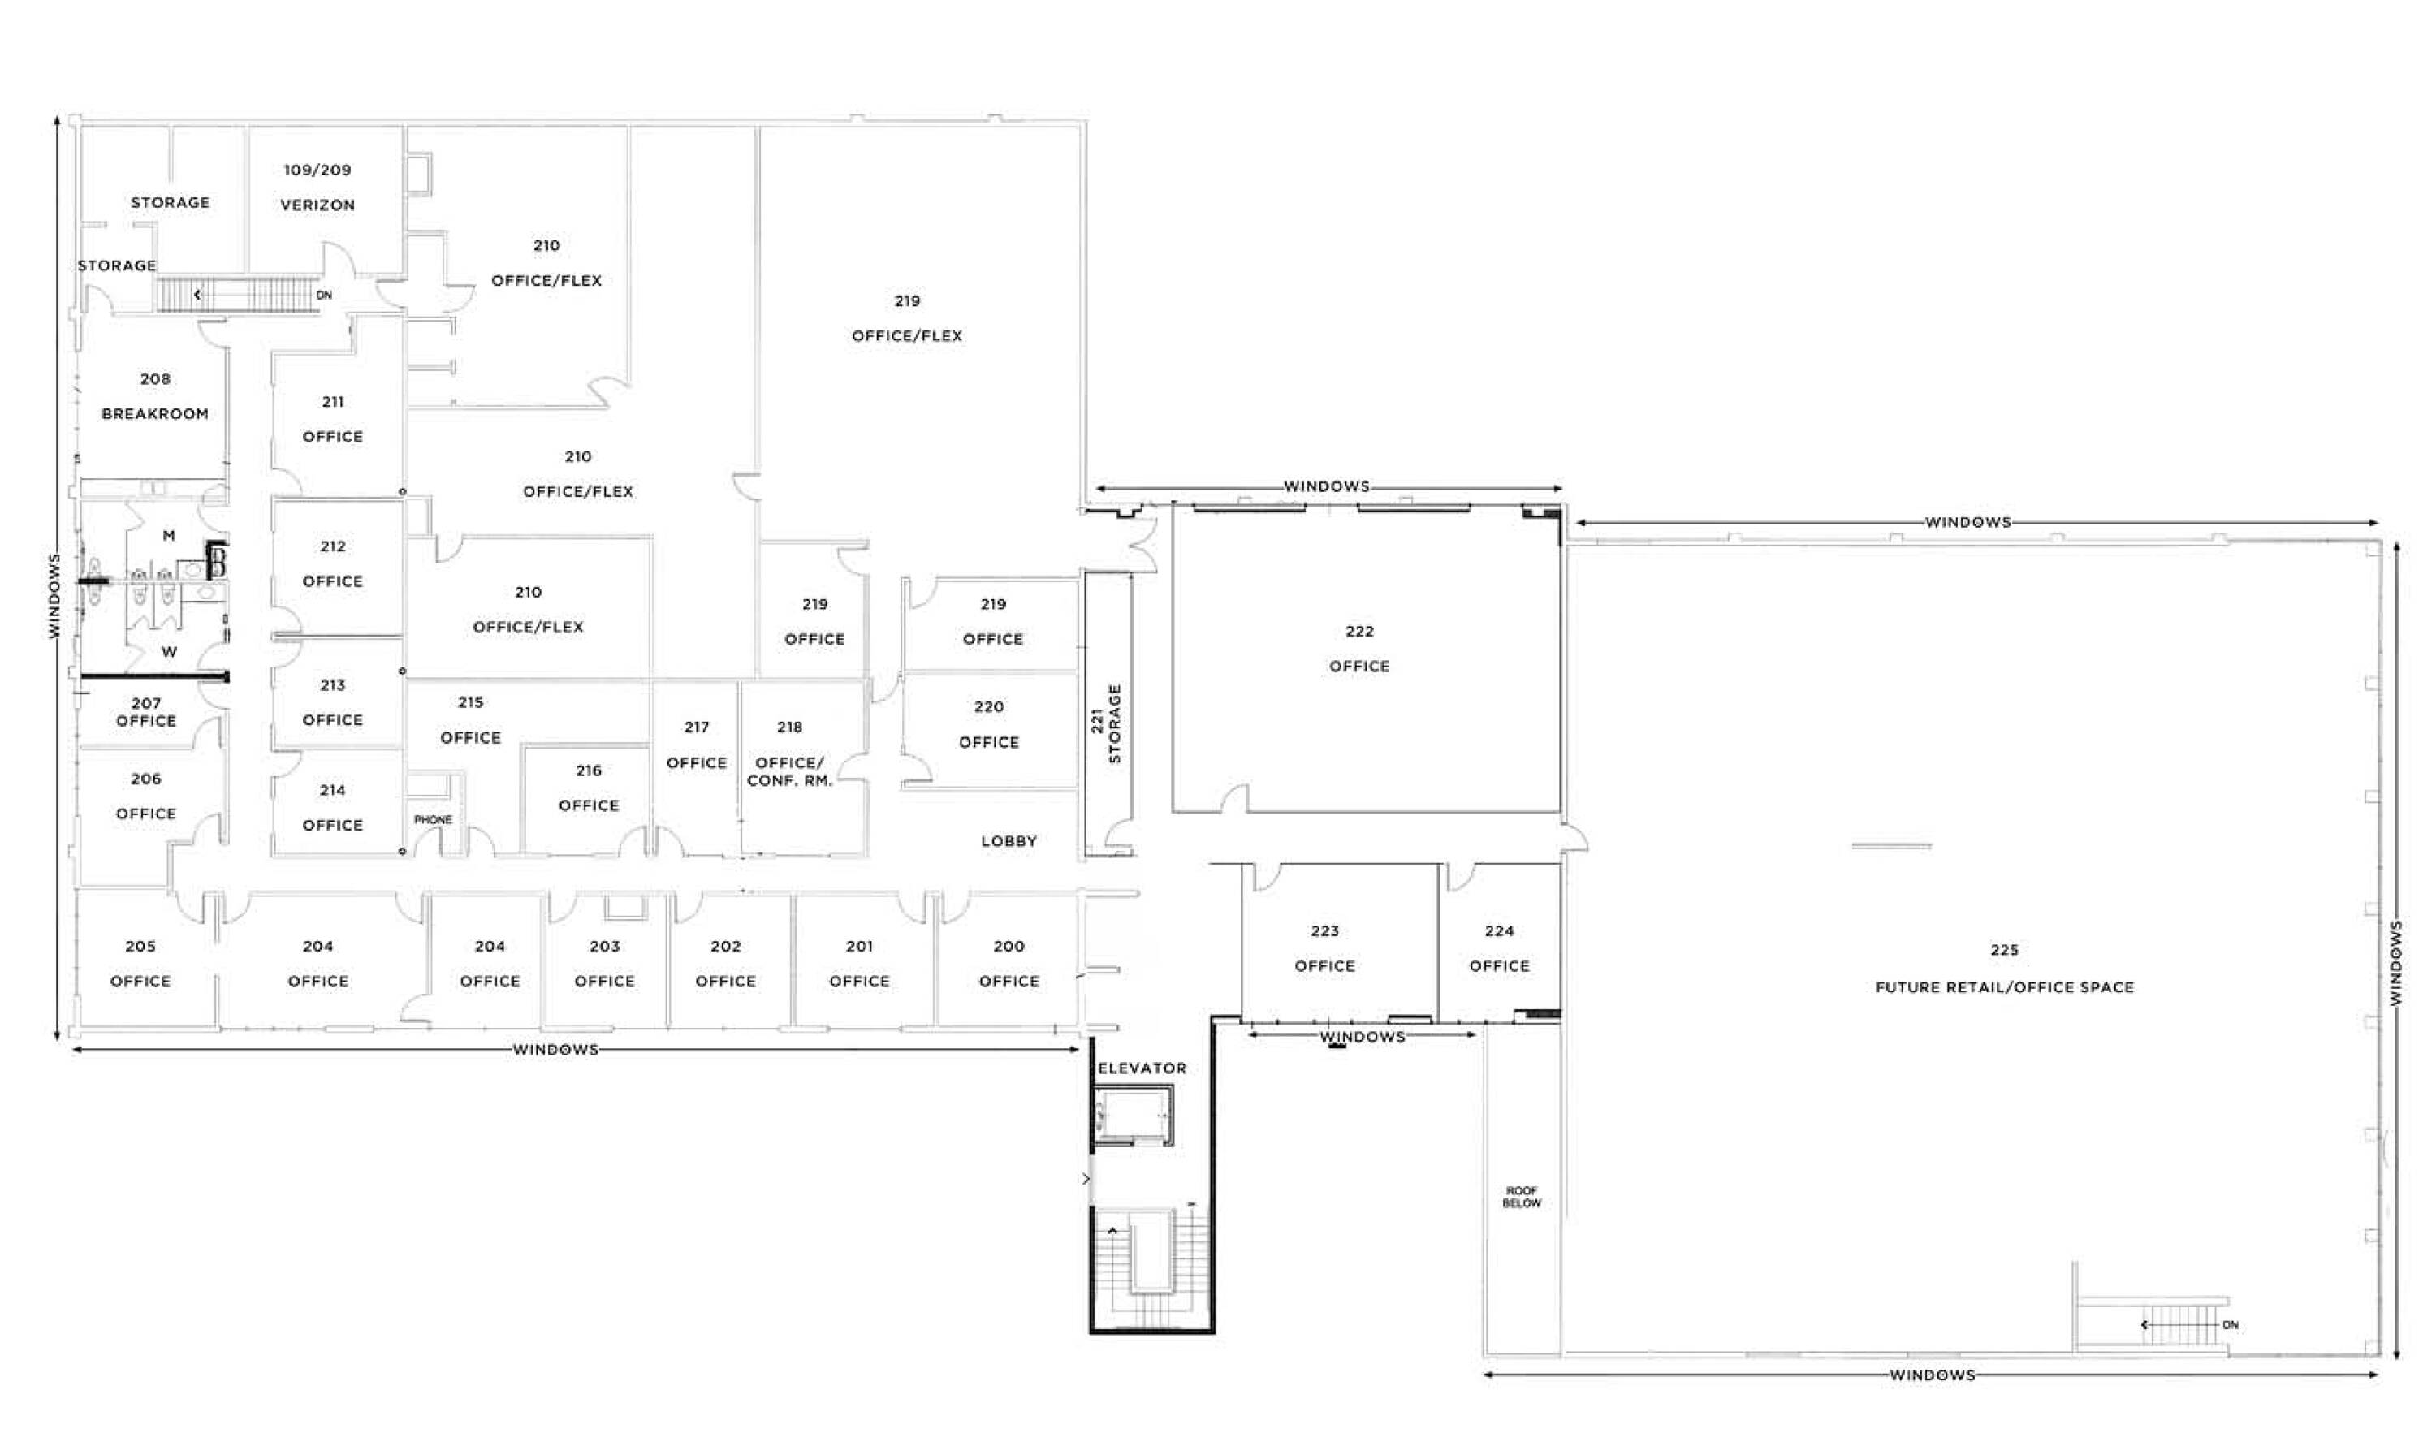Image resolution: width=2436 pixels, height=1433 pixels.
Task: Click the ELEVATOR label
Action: click(x=1142, y=1068)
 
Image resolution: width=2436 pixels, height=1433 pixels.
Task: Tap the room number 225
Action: click(x=2004, y=950)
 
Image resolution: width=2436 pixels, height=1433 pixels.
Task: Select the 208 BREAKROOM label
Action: click(x=154, y=396)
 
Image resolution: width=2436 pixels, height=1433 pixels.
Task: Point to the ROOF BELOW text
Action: click(x=1522, y=1198)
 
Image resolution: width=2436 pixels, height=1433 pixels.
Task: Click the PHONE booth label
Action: click(x=432, y=819)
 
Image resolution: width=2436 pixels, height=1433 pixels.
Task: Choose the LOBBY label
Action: click(x=1009, y=840)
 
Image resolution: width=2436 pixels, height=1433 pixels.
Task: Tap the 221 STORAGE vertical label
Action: click(x=1106, y=723)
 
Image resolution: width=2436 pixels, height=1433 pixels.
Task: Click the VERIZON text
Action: click(x=317, y=205)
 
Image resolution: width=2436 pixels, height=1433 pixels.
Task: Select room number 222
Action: click(x=1359, y=631)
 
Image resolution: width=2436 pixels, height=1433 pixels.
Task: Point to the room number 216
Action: click(x=589, y=770)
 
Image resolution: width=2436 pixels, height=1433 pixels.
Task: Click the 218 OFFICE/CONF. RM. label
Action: click(x=790, y=753)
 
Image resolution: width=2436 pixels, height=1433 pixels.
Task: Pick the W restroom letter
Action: click(x=169, y=651)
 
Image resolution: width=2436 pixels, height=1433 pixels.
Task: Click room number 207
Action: click(x=146, y=703)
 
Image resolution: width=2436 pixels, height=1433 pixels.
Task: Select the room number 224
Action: click(x=1499, y=930)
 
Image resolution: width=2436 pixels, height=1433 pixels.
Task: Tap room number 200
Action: click(x=1009, y=946)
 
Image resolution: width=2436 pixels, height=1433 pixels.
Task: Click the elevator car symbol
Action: click(x=1133, y=1116)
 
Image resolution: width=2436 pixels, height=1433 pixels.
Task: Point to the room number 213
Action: click(x=333, y=685)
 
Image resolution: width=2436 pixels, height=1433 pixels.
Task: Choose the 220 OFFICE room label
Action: click(x=989, y=723)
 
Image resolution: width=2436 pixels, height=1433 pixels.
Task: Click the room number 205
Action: click(x=140, y=946)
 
